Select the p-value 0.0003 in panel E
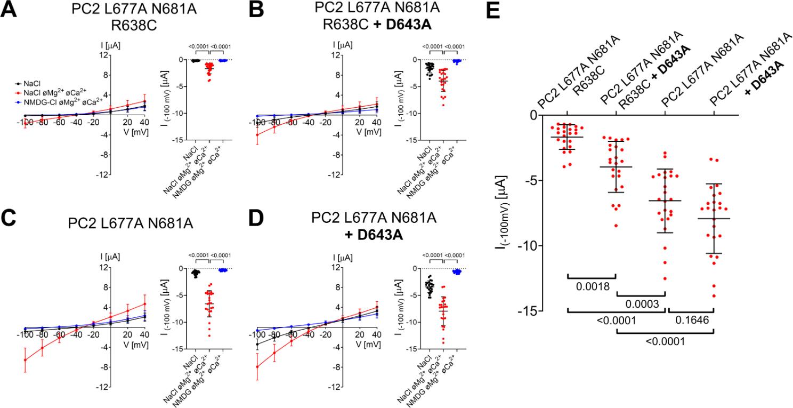641,303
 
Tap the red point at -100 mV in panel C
25,360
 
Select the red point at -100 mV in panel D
257,366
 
